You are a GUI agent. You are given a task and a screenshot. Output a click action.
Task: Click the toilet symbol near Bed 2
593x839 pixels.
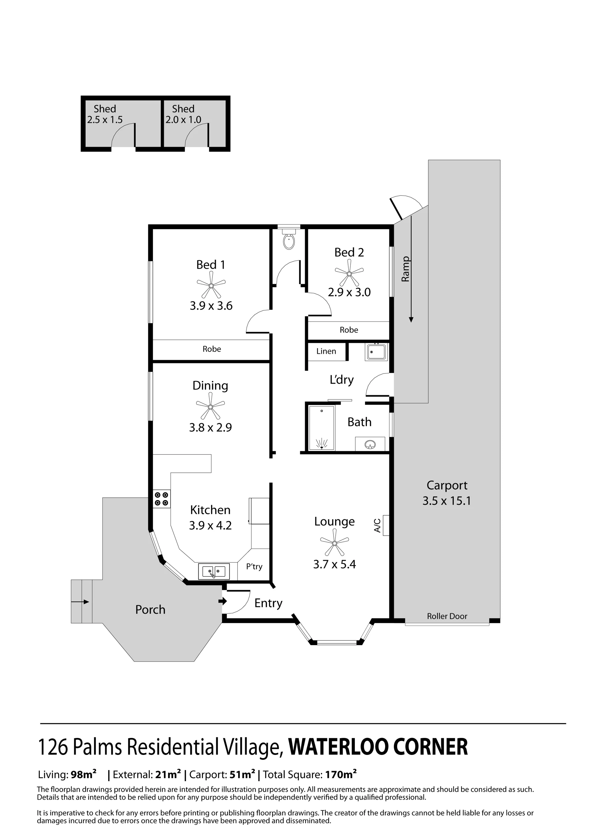pos(289,239)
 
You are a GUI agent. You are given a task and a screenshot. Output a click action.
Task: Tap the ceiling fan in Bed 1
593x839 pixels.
pos(211,285)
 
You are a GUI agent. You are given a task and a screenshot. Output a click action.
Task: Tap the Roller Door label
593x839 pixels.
pos(447,616)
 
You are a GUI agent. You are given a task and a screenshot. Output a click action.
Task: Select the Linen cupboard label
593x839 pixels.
pos(326,351)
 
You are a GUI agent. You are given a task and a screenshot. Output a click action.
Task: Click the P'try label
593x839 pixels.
pos(254,566)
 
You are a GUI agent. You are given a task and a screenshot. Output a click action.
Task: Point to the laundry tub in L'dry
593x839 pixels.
pos(376,352)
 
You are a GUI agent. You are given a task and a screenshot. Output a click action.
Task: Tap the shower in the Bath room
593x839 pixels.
pos(322,427)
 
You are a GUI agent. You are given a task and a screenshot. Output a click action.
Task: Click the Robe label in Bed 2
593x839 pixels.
pos(349,330)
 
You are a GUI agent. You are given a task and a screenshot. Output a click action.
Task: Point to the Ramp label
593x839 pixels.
pos(405,269)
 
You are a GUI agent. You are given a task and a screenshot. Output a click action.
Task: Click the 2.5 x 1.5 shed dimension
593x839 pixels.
pos(105,120)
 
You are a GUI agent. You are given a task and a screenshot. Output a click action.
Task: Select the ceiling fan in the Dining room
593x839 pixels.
pos(210,406)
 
